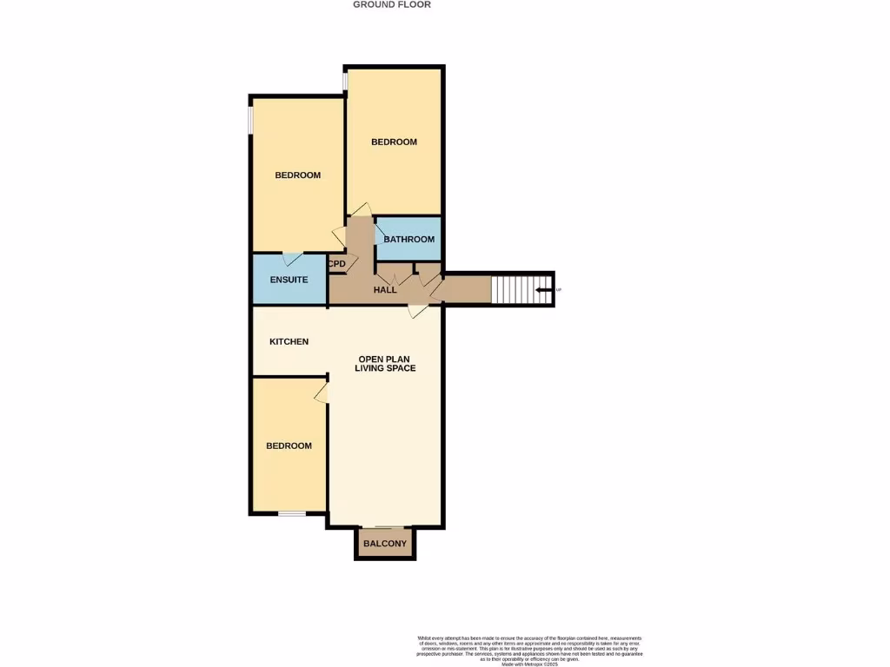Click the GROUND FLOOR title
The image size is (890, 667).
click(x=391, y=4)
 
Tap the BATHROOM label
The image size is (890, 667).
click(x=408, y=240)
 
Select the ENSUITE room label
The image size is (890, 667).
click(x=289, y=280)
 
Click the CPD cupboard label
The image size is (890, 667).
click(x=337, y=264)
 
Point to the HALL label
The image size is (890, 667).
click(x=385, y=290)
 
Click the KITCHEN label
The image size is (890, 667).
click(x=289, y=342)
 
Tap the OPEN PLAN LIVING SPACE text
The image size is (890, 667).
click(x=385, y=363)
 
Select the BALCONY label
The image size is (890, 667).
click(x=385, y=544)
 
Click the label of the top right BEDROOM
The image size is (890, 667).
click(x=394, y=142)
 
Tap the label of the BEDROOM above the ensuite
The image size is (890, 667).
click(x=297, y=175)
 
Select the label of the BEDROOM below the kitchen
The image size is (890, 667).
click(x=289, y=446)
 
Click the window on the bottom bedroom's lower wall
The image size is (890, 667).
click(x=292, y=514)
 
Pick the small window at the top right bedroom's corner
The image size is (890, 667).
click(x=345, y=81)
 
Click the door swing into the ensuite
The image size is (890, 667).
click(x=292, y=259)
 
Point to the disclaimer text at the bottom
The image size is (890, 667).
click(x=529, y=650)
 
